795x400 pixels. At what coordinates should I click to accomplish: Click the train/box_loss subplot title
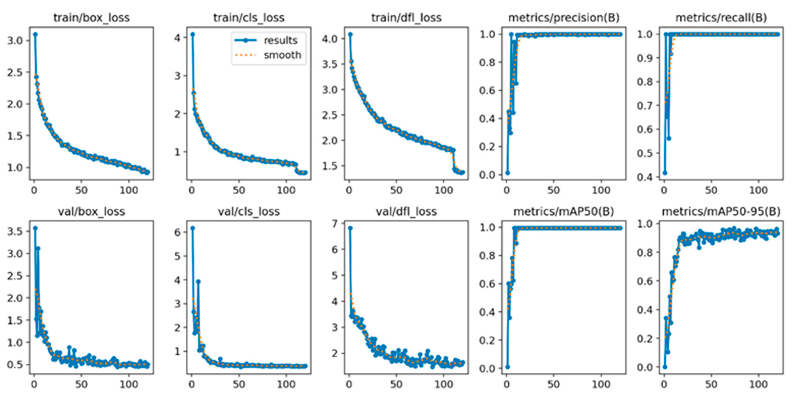[91, 18]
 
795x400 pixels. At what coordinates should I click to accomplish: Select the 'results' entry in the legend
[280, 40]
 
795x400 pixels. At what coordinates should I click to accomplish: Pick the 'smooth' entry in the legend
[282, 55]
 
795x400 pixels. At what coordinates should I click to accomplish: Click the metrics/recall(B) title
[721, 18]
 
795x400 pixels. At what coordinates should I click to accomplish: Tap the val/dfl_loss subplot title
[406, 211]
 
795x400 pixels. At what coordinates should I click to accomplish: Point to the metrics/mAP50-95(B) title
[721, 211]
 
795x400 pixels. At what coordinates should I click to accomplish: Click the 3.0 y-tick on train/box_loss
[15, 40]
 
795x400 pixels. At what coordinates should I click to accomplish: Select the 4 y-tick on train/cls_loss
[177, 37]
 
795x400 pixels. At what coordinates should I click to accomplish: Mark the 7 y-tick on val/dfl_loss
[334, 223]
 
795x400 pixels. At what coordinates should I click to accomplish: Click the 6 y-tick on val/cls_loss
[177, 232]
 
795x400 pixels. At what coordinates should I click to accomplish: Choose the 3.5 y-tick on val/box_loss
[15, 231]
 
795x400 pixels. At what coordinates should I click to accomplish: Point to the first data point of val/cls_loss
[193, 228]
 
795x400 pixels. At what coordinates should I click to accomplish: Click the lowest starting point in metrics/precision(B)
[508, 173]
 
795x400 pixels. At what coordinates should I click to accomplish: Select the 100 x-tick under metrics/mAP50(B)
[601, 384]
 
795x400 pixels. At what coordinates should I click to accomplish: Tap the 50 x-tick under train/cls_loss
[239, 190]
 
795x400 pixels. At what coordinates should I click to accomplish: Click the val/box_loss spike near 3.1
[38, 249]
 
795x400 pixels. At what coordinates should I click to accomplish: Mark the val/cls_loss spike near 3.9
[198, 282]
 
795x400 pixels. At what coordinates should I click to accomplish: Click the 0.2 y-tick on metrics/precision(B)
[487, 146]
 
